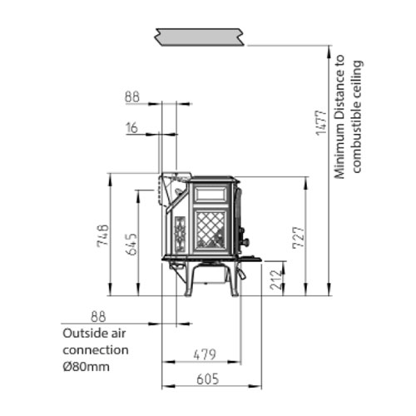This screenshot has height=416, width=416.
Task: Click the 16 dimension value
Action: click(x=133, y=127)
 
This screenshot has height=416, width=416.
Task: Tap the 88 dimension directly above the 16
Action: click(x=133, y=97)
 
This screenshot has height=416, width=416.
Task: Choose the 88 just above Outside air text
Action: click(x=99, y=316)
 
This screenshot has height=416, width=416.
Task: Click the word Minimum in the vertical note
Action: click(x=339, y=153)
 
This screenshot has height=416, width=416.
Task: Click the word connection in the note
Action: click(x=96, y=349)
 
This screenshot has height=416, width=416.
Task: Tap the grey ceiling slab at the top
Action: click(x=199, y=36)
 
